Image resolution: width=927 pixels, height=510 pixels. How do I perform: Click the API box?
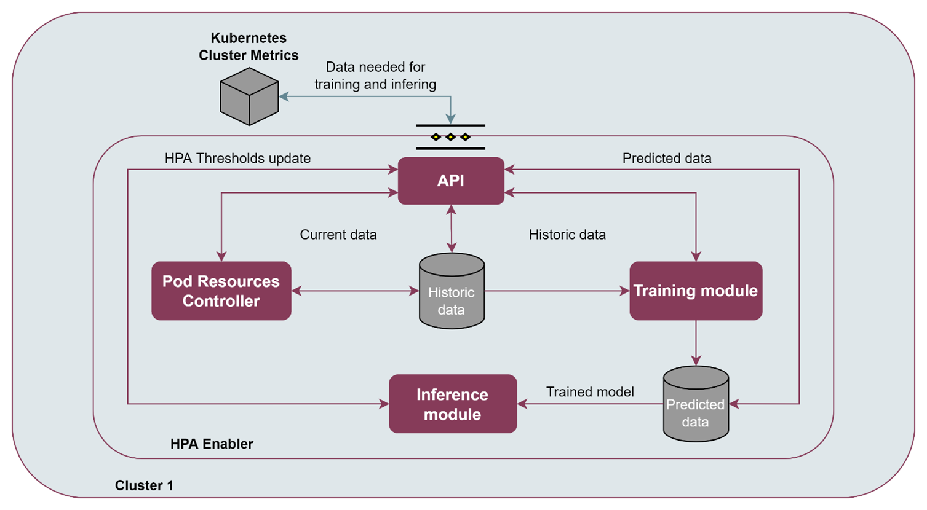pos(451,181)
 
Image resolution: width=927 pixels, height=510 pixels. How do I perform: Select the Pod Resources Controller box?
pos(221,291)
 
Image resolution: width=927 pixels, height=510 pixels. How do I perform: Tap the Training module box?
pos(696,291)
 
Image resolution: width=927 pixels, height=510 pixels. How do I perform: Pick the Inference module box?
pos(453,404)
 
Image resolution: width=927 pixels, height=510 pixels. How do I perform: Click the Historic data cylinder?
pos(452,291)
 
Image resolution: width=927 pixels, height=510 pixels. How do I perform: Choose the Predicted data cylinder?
pos(696,404)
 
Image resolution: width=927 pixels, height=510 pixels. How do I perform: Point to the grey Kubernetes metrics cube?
pos(249,96)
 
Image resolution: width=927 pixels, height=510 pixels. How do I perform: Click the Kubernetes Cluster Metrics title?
pos(249,47)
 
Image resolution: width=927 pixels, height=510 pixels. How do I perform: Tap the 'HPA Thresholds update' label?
pos(237,159)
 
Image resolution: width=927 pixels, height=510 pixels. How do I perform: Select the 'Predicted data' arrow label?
pos(667,159)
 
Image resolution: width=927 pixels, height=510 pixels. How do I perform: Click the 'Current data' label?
pos(338,235)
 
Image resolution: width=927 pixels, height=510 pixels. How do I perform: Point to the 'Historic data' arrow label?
pos(567,235)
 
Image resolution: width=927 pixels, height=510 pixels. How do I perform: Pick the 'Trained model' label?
pos(590,392)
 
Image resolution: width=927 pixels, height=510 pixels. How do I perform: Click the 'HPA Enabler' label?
pos(212,444)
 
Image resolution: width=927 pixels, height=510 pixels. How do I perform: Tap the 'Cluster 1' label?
pos(144,485)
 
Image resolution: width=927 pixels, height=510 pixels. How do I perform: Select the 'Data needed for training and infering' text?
pos(375,76)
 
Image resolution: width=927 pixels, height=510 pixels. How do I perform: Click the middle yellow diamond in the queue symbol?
pos(450,137)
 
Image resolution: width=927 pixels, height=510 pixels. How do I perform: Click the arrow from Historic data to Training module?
pos(557,291)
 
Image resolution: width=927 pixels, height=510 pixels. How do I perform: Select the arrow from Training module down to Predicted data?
pos(696,343)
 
